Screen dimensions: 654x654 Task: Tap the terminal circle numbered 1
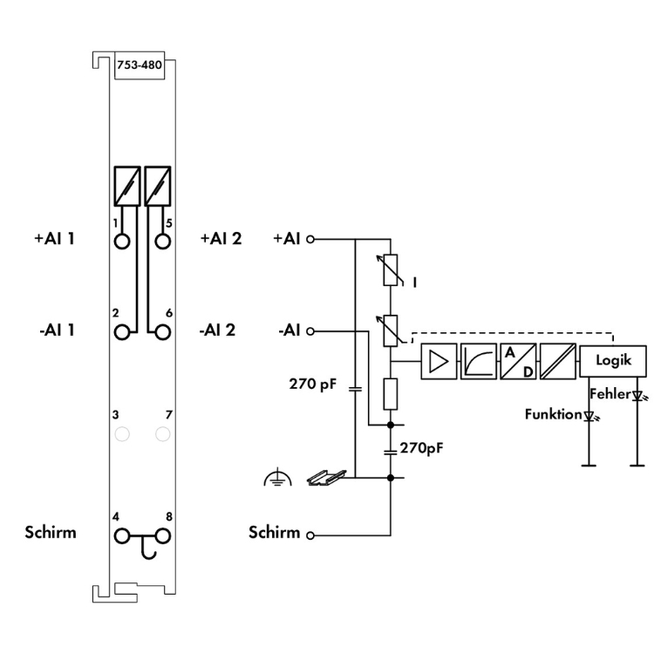point(123,240)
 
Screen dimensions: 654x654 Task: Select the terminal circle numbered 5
point(162,240)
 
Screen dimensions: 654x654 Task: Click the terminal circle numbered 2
point(123,332)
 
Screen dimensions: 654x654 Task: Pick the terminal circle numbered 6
point(162,332)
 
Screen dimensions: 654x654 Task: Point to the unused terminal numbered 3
point(123,433)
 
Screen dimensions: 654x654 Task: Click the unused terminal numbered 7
point(162,433)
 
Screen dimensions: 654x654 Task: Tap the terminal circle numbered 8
point(162,535)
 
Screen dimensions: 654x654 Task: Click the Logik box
point(614,359)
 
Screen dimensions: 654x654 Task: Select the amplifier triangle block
point(438,360)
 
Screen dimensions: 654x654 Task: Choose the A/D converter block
point(517,360)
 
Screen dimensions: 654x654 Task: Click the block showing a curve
point(477,360)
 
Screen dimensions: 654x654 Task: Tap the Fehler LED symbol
point(638,396)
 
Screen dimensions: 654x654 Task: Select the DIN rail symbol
point(327,476)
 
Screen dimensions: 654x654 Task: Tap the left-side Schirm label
point(51,532)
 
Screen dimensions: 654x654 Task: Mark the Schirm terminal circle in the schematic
point(309,535)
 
